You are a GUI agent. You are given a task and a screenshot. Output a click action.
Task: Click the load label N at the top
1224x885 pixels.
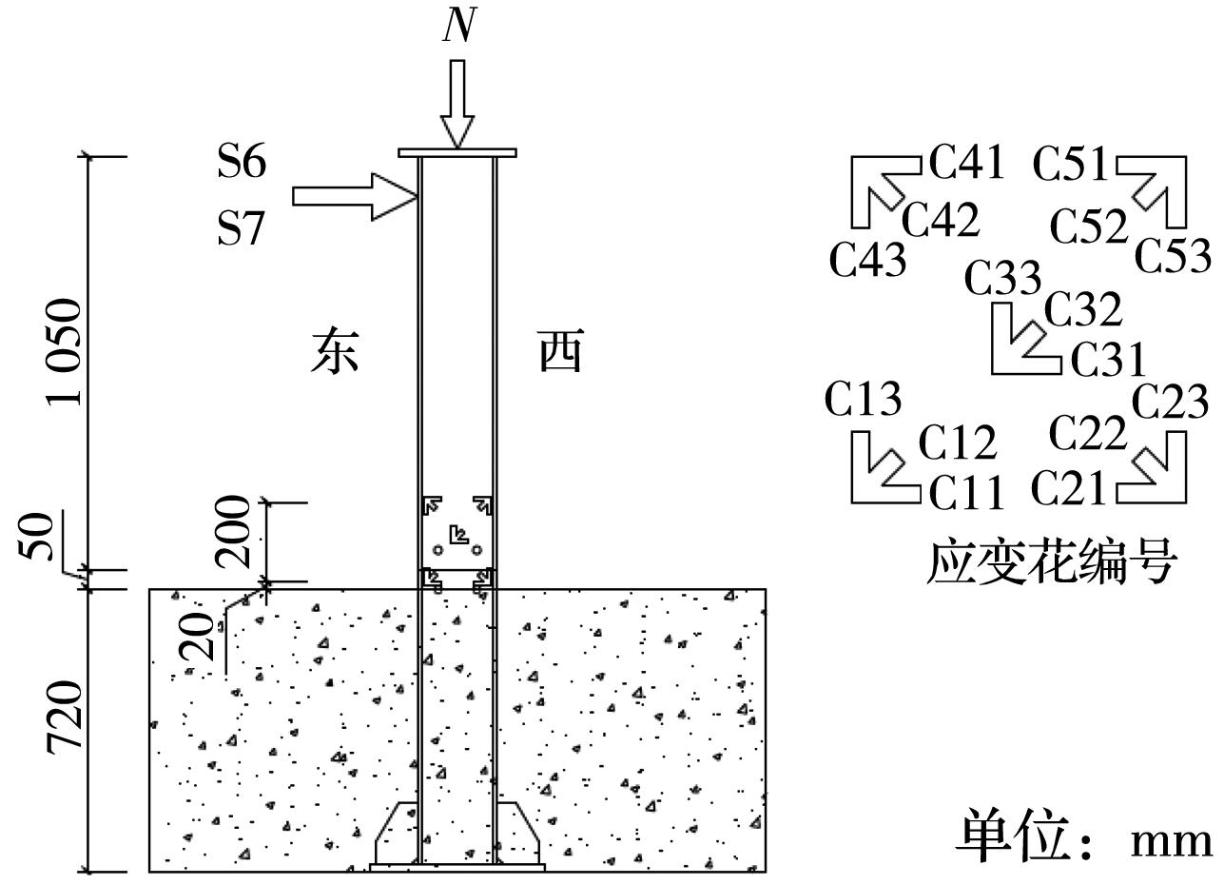(459, 25)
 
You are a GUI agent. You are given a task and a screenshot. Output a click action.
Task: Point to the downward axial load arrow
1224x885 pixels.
(457, 104)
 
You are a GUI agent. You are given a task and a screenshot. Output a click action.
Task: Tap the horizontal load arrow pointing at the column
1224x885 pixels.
(355, 197)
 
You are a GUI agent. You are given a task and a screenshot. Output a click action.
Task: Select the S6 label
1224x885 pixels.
(242, 161)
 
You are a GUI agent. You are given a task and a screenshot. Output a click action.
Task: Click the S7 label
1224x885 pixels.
(241, 228)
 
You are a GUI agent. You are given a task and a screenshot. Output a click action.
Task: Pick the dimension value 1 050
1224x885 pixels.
(65, 352)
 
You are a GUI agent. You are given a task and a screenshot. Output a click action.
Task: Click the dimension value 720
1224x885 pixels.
(65, 718)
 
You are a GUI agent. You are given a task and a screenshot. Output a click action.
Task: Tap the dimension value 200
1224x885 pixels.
(232, 531)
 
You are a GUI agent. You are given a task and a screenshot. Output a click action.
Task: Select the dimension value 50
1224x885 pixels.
(36, 537)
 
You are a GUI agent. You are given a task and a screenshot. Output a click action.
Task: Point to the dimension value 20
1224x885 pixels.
(196, 637)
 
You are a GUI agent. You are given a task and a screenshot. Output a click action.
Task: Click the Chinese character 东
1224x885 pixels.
(335, 350)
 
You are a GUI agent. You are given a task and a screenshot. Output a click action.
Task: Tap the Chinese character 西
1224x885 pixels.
(561, 350)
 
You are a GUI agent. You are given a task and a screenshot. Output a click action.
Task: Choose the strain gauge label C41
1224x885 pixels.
(966, 163)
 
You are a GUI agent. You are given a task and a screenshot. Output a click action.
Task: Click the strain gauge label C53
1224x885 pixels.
(1174, 255)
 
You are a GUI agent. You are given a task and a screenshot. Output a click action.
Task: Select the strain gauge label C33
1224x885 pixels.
(1002, 278)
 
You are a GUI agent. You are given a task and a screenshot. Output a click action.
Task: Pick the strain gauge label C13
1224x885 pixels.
(863, 399)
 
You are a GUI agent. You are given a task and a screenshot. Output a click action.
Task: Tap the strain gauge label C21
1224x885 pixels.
(1069, 488)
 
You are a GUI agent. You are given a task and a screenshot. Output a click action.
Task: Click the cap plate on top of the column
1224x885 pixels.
(457, 153)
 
